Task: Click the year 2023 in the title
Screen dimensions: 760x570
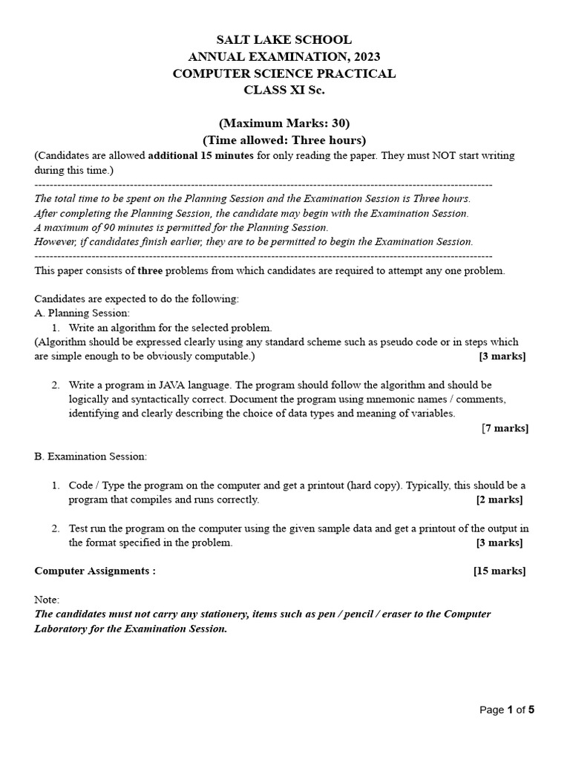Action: (364, 56)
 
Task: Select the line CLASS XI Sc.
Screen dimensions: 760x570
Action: (284, 90)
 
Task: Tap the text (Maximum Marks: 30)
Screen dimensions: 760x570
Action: (284, 123)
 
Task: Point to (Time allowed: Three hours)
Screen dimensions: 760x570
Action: (284, 140)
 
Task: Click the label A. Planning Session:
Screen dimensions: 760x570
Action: (82, 313)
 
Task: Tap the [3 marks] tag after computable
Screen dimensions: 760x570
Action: (502, 356)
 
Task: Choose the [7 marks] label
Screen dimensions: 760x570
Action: (505, 427)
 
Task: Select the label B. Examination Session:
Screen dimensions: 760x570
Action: (91, 456)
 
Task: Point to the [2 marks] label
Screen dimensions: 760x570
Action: (499, 499)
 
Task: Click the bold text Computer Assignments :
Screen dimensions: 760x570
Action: (95, 571)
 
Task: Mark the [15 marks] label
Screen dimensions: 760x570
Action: (499, 571)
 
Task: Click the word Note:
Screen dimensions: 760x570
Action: (47, 600)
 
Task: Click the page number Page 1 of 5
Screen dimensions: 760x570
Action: (507, 710)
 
